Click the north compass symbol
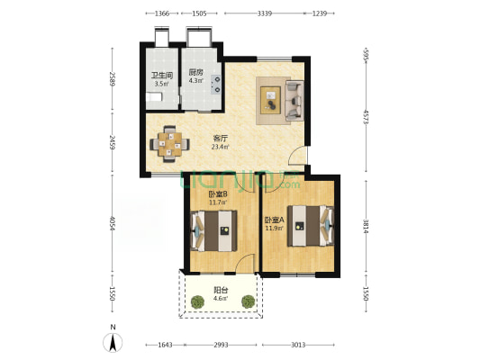coord(113,342)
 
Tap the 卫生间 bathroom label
coord(162,76)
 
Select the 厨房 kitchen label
coord(195,73)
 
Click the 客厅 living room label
coord(221,139)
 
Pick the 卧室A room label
coord(275,220)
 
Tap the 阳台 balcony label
coord(221,290)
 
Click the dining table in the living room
coord(169,144)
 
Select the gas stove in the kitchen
coord(216,85)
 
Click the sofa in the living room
coord(294,100)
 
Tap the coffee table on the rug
coord(270,100)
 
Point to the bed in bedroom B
coord(213,231)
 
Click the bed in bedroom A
coord(310,226)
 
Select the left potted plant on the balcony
coord(197,301)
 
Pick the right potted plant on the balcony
coord(248,301)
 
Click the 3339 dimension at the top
coord(265,13)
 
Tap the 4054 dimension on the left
coord(113,224)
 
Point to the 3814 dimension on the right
coord(366,226)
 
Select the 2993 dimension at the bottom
coord(221,345)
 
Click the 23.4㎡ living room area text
coord(221,147)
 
